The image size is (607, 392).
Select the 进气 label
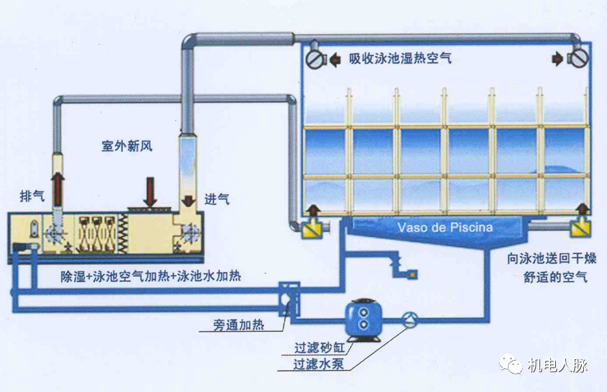pos(217,199)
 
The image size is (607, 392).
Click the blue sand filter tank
pos(364,318)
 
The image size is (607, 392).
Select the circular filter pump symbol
pos(409,317)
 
